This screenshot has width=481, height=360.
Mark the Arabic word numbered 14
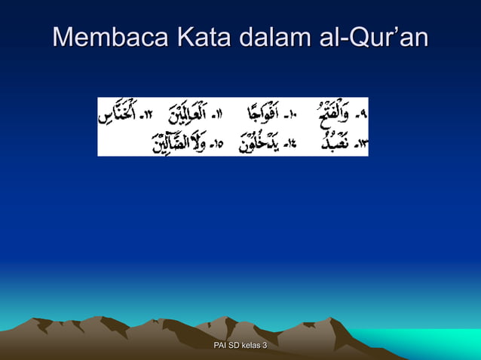point(259,142)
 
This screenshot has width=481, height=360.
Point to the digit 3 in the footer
point(265,345)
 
